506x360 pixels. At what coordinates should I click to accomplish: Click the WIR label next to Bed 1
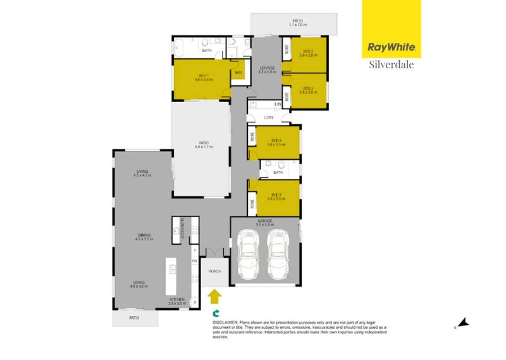(x=238, y=73)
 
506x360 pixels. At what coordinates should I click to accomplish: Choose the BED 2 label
(x=309, y=51)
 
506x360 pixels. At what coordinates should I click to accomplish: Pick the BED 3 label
(x=309, y=88)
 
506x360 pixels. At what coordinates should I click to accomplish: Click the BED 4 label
(x=275, y=141)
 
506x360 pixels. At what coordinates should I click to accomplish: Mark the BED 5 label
(x=275, y=194)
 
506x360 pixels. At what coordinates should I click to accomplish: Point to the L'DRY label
(x=268, y=117)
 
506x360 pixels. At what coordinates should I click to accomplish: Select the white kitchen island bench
(x=171, y=276)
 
